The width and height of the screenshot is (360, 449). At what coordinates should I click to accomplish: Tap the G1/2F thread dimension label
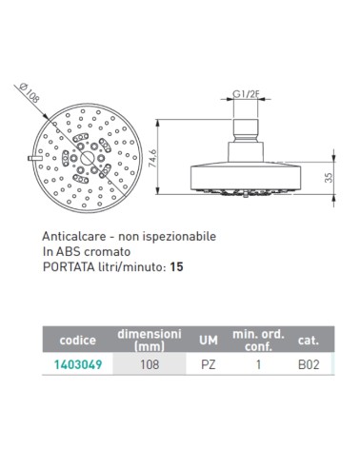[246, 94]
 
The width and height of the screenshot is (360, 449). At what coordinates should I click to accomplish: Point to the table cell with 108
[149, 363]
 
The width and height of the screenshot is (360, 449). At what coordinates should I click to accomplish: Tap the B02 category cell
[308, 363]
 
